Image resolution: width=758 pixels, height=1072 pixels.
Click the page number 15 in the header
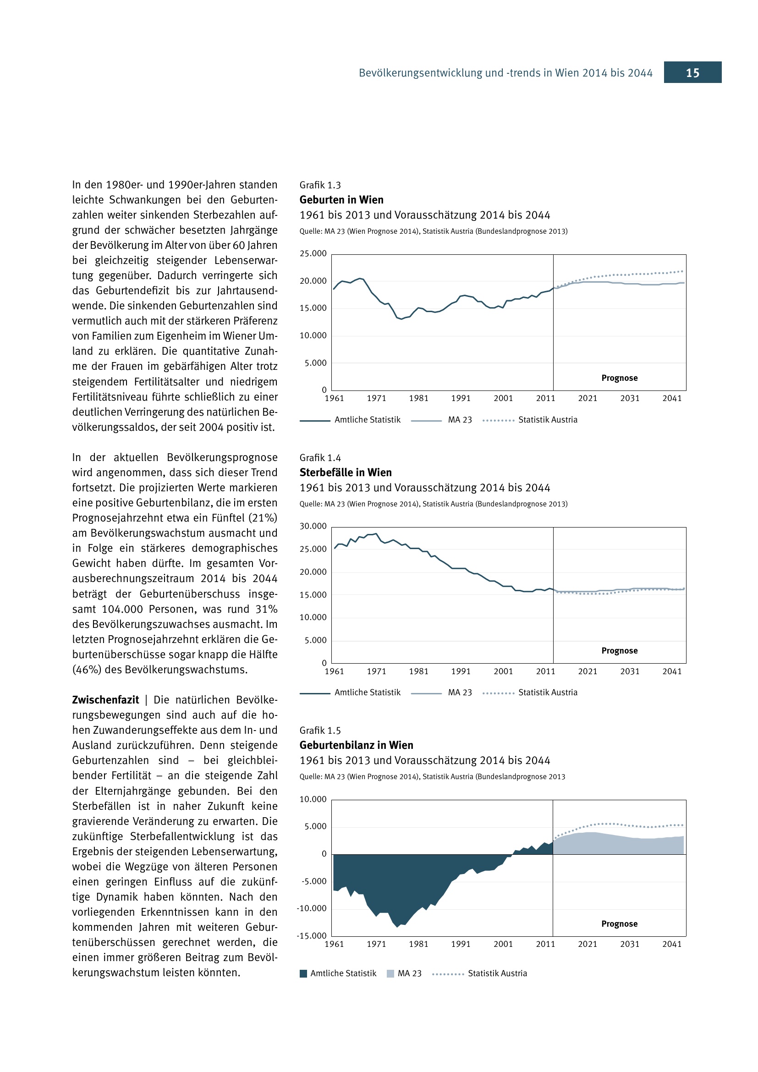[692, 73]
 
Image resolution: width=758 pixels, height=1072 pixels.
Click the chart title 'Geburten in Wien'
[341, 200]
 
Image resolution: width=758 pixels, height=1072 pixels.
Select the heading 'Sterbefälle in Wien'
[346, 473]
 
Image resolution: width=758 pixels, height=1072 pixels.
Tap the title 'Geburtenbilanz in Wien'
[356, 745]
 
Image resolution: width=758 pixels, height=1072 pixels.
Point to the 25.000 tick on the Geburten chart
[313, 253]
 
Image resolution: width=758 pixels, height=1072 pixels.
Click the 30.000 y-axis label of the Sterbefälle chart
[313, 526]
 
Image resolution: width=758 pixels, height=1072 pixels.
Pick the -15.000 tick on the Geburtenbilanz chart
[312, 936]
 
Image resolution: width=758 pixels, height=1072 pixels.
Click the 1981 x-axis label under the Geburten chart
[418, 398]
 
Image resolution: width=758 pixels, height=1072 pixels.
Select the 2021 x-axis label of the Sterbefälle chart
[587, 671]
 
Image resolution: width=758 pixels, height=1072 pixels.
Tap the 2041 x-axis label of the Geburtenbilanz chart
[672, 944]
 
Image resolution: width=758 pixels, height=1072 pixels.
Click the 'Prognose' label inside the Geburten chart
[620, 378]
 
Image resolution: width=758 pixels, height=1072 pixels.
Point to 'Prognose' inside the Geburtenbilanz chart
[620, 924]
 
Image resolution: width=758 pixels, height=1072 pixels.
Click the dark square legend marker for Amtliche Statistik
[303, 973]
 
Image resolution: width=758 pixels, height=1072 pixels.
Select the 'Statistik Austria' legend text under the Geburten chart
[548, 420]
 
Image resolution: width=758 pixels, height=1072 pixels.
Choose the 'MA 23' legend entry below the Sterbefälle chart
[460, 693]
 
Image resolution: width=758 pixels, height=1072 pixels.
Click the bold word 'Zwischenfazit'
[105, 700]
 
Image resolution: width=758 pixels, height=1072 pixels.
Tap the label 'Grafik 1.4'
[320, 458]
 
